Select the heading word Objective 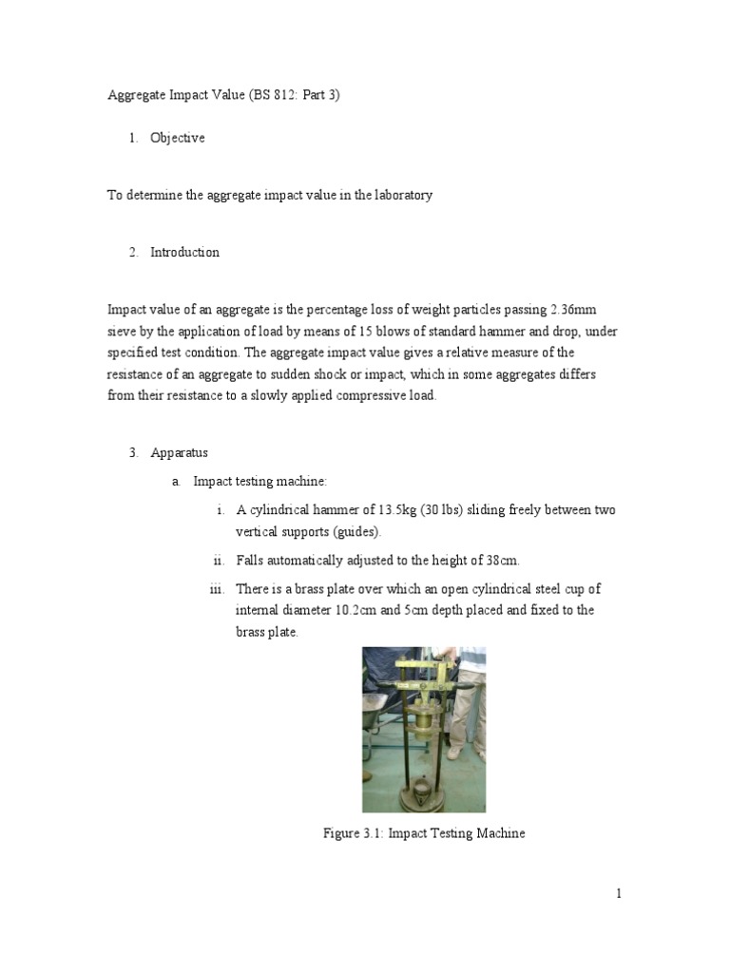177,138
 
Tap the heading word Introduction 184,252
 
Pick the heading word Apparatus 179,453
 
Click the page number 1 618,893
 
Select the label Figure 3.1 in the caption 352,833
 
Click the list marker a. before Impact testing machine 176,482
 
